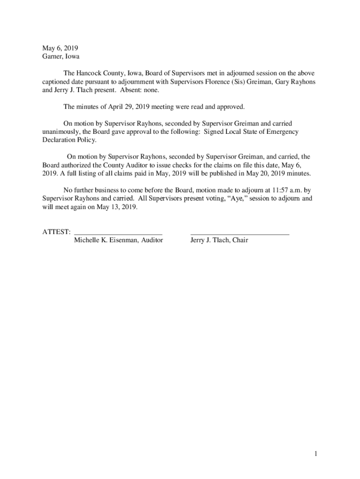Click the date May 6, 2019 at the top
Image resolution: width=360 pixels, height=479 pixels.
[60, 48]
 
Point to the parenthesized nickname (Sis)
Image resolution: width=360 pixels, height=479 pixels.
[239, 82]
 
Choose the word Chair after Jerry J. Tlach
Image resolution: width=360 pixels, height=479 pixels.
[239, 240]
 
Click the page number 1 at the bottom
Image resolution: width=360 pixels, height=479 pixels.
[316, 454]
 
